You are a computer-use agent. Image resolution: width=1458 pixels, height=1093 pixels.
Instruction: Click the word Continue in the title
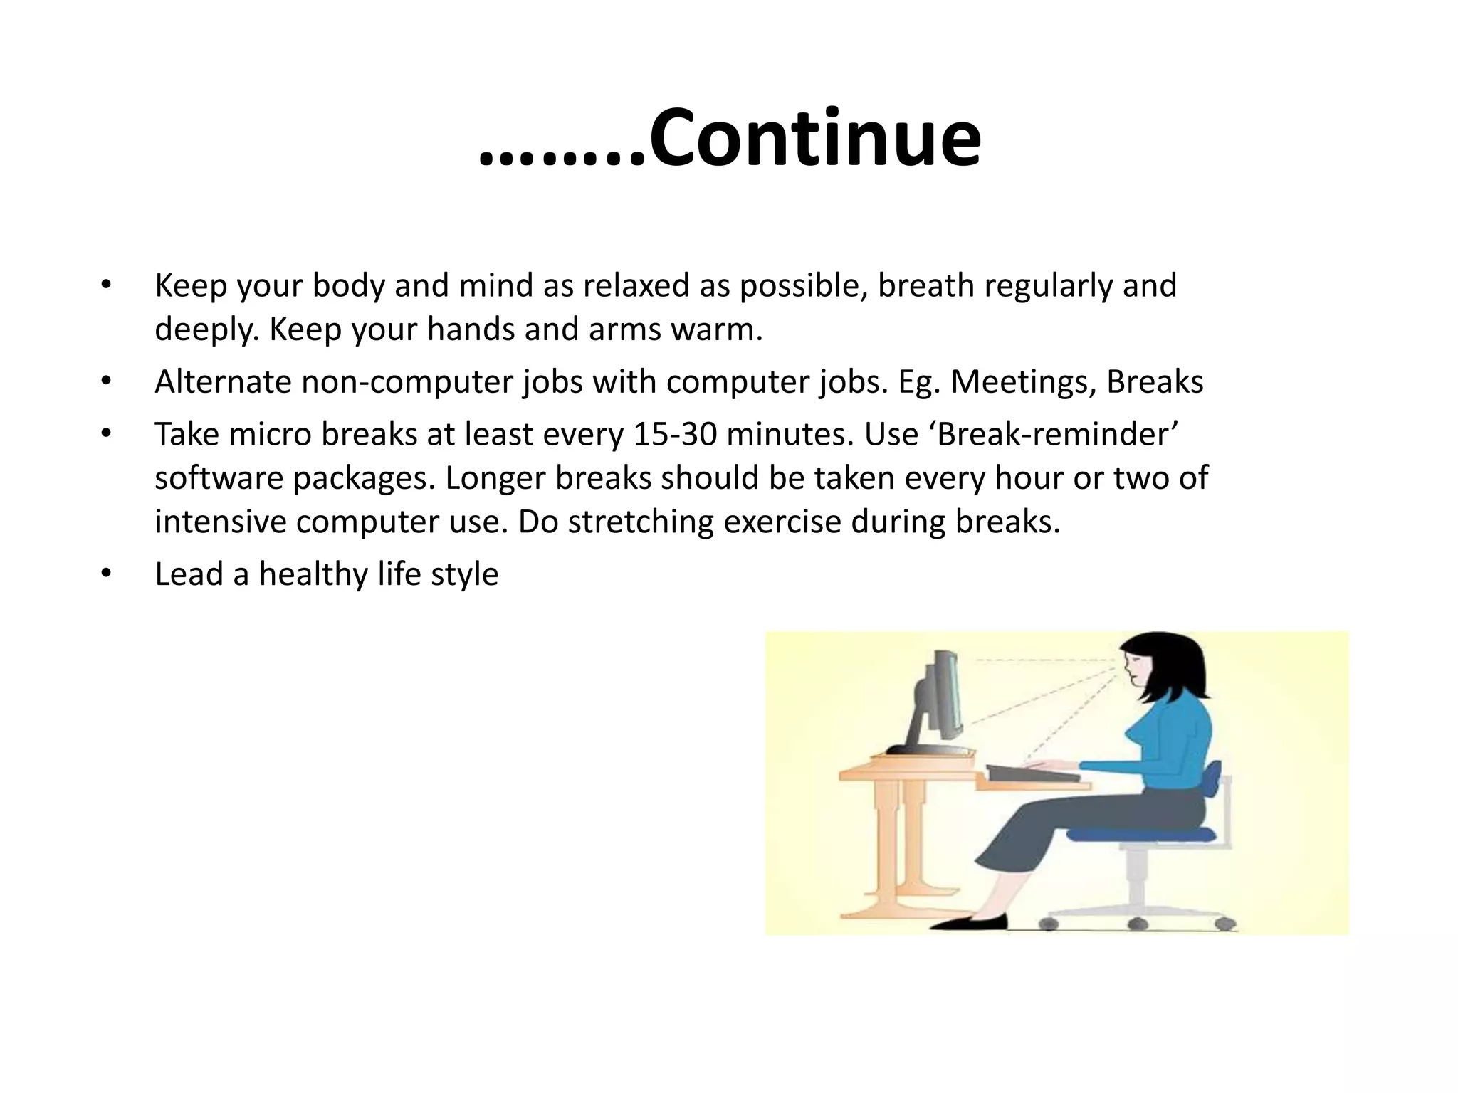point(815,139)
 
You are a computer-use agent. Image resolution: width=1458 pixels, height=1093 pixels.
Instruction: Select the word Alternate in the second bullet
point(223,382)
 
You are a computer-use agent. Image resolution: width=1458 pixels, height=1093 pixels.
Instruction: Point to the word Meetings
point(1023,382)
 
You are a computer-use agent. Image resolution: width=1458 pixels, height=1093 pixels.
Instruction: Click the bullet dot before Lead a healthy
point(106,573)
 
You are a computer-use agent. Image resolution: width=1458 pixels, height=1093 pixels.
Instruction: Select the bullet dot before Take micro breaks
point(106,433)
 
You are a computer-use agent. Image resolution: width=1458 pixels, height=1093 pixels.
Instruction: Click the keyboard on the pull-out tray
point(1032,773)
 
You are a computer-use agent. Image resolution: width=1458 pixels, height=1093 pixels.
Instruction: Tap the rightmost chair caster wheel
point(1224,924)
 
